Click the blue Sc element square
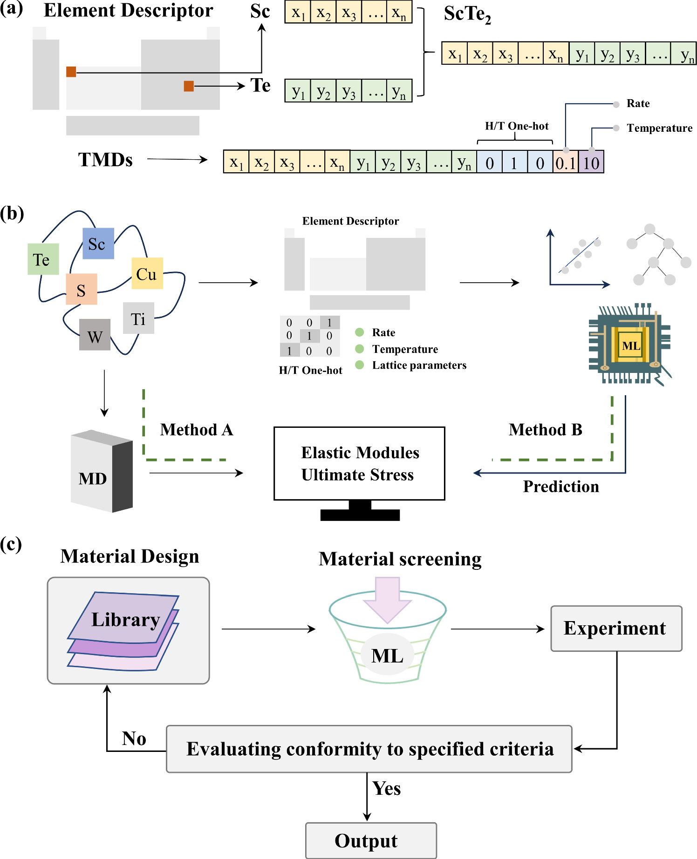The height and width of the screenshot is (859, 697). tap(98, 243)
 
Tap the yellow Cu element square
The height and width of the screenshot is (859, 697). tap(147, 273)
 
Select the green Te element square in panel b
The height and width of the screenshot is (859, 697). tap(43, 259)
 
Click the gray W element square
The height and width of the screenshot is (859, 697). tap(95, 335)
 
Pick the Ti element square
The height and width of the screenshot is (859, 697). tap(138, 318)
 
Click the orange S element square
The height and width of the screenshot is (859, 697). tap(81, 289)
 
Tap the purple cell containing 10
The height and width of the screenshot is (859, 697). tap(591, 162)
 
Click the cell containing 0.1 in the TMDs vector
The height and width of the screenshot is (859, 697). tap(565, 162)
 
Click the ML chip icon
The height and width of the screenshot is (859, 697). tap(630, 345)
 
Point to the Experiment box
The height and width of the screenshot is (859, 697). tap(616, 629)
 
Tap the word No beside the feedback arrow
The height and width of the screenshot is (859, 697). tap(134, 738)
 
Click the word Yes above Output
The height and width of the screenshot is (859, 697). tap(386, 788)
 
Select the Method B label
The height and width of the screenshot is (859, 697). tap(545, 429)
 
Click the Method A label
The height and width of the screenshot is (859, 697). tap(196, 429)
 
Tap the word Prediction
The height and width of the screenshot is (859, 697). tap(561, 487)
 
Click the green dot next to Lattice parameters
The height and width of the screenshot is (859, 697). tap(359, 365)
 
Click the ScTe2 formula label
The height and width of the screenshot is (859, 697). tap(467, 14)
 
